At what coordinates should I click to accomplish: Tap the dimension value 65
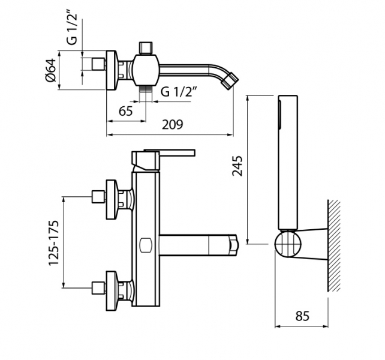126,111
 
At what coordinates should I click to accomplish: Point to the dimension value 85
302,316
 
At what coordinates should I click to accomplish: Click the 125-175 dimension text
54,242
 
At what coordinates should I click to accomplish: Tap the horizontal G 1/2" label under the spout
179,92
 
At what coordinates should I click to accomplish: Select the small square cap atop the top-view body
145,47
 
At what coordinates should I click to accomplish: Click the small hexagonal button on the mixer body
145,245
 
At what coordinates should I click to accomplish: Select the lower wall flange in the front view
112,288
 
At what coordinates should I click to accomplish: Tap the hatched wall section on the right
334,246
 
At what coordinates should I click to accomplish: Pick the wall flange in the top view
111,70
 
